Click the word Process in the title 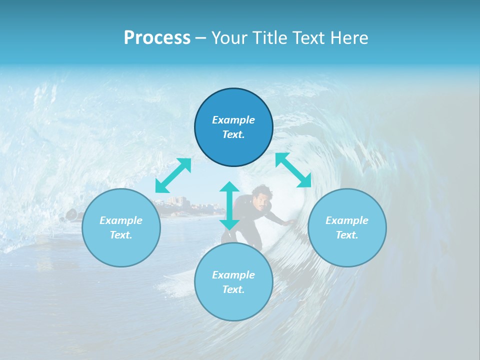157,37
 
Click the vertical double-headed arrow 229,205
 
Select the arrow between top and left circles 173,175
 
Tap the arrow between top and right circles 293,170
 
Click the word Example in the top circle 233,120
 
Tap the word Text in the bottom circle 233,289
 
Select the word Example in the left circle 121,220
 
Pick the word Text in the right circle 347,235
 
